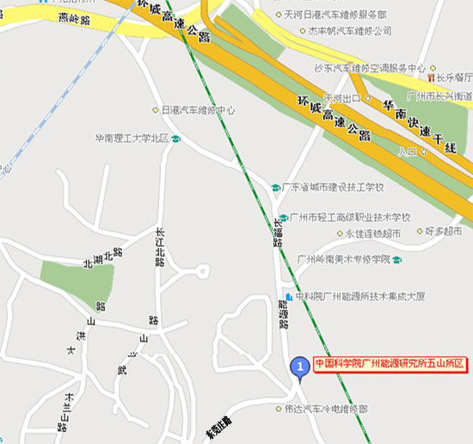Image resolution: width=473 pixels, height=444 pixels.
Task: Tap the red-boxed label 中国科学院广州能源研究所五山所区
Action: [x=390, y=364]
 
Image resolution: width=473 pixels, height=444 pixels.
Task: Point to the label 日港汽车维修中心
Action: [x=199, y=110]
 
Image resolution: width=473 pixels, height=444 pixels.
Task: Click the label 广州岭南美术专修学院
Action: [x=343, y=259]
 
